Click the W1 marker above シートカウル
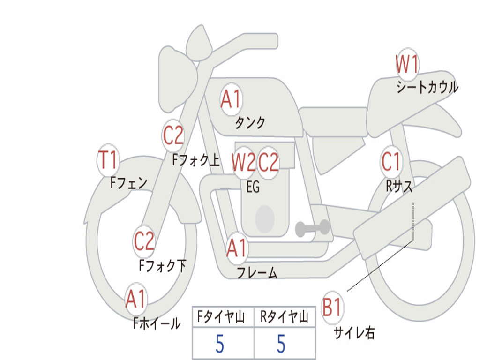(407, 65)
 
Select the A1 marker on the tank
(231, 99)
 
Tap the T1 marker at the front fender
(108, 161)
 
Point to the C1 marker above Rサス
(391, 162)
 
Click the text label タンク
(250, 123)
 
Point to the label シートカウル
(427, 88)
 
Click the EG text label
(253, 187)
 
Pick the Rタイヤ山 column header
(284, 318)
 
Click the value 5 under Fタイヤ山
(219, 345)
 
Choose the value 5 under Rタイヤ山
(281, 345)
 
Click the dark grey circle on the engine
(265, 218)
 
